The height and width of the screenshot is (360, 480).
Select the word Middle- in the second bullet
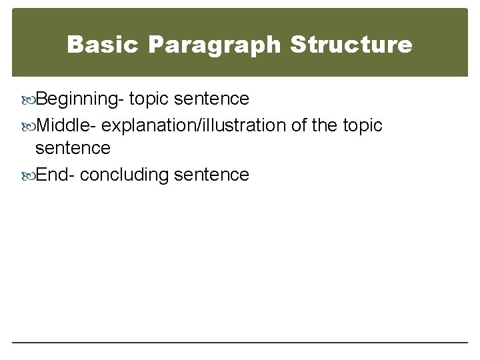click(x=67, y=125)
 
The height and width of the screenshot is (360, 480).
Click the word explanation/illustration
click(x=195, y=125)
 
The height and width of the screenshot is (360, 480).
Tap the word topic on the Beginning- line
click(x=150, y=99)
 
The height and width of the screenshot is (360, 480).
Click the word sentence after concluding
click(x=211, y=175)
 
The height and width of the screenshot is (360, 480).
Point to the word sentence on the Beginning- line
click(x=211, y=99)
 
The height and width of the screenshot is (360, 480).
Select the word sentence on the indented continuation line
click(x=73, y=147)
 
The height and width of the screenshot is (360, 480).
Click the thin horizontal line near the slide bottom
click(x=240, y=343)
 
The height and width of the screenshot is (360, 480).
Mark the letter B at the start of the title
click(x=76, y=45)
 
